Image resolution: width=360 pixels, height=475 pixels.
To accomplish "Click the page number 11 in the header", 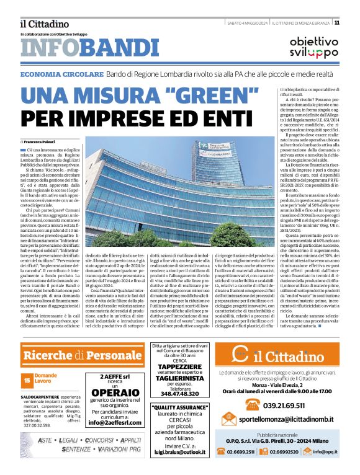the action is coord(354,22).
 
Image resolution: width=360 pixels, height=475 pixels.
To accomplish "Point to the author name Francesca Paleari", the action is coord(49,142).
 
